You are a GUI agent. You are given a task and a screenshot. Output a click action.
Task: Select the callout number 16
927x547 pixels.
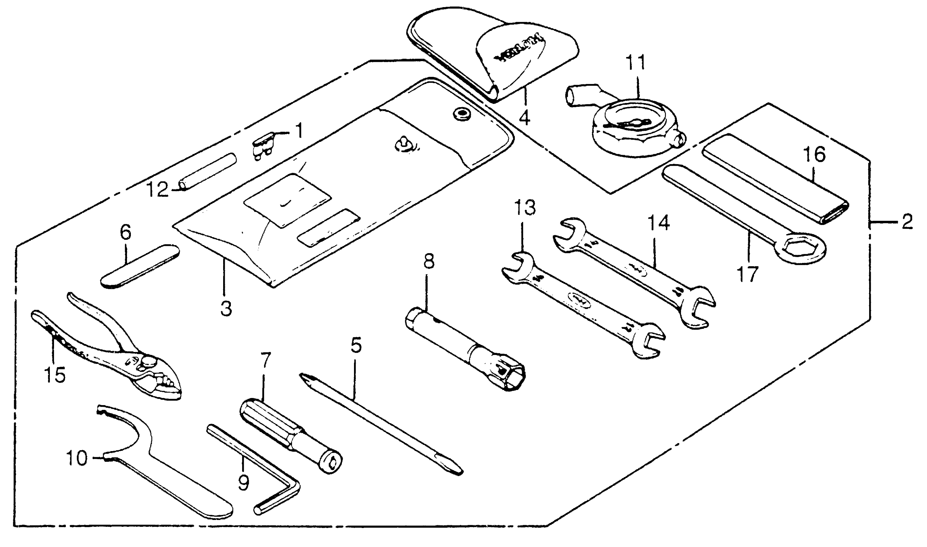[x=814, y=155]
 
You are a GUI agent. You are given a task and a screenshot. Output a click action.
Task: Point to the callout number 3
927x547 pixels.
[x=226, y=309]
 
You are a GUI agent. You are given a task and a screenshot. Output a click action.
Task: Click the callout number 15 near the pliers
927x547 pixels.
[x=55, y=375]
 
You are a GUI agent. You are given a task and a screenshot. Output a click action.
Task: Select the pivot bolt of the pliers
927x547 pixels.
[x=149, y=361]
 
